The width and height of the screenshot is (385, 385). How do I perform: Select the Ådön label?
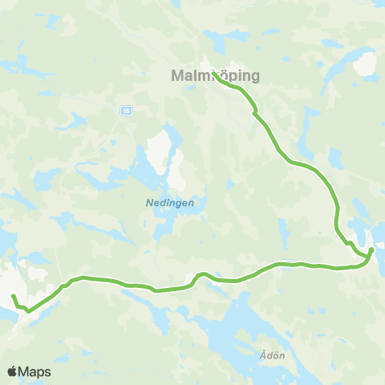click(x=274, y=354)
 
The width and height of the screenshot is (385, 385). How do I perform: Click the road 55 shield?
click(x=128, y=110)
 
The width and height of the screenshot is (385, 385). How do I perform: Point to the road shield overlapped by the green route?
click(x=286, y=267)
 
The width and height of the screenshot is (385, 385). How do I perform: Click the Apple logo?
click(x=12, y=371)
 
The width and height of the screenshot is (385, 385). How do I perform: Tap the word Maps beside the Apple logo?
click(x=34, y=371)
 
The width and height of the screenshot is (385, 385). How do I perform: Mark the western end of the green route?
click(x=13, y=297)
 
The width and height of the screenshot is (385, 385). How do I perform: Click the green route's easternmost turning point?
click(x=371, y=250)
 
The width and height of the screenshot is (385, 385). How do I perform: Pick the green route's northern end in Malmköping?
click(x=214, y=74)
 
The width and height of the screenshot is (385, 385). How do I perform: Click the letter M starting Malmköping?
click(x=177, y=76)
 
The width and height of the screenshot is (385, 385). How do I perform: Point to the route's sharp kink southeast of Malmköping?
click(x=255, y=114)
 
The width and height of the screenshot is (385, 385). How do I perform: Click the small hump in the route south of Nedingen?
click(x=201, y=274)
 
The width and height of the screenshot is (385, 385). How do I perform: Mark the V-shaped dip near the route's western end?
click(x=29, y=310)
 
